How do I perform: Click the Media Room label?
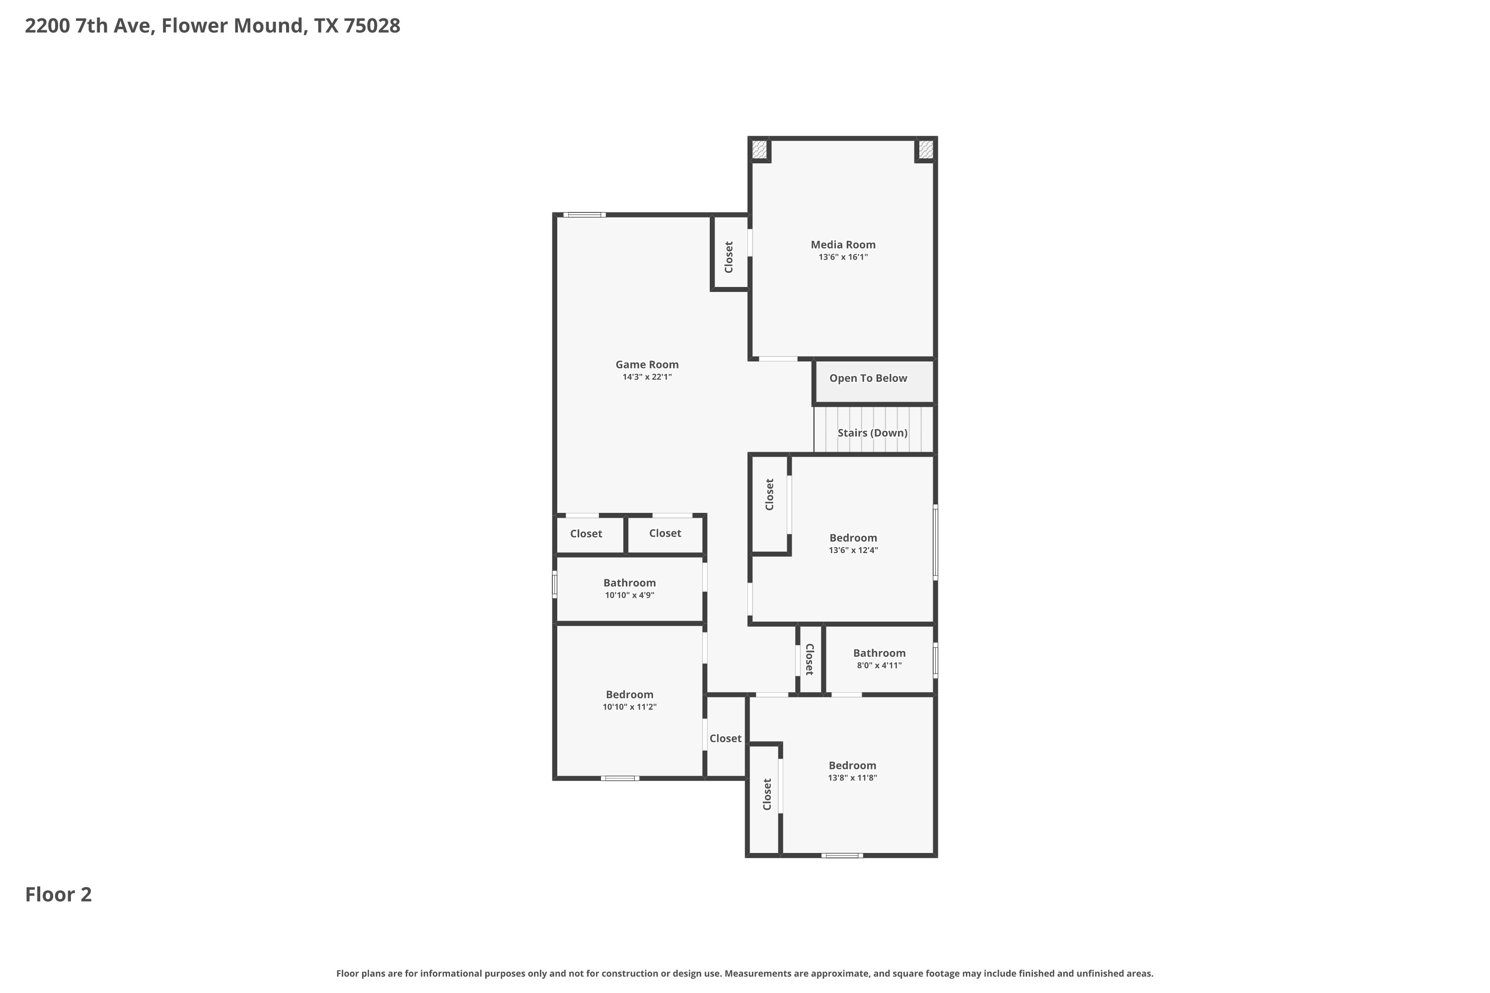[x=842, y=244]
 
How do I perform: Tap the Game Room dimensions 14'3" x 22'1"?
[x=647, y=377]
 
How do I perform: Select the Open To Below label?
[x=868, y=378]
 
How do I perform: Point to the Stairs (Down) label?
[x=872, y=432]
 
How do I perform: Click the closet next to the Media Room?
[x=730, y=253]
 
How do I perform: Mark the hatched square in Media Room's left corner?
[x=759, y=150]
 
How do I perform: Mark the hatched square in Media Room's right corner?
[x=926, y=150]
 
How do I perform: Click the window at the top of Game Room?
[x=584, y=214]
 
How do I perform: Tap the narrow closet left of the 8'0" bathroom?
[x=810, y=660]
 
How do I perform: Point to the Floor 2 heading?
[x=58, y=894]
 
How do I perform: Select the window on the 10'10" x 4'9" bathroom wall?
[x=554, y=584]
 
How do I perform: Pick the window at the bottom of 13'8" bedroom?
[x=842, y=855]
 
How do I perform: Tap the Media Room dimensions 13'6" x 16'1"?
[x=842, y=257]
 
